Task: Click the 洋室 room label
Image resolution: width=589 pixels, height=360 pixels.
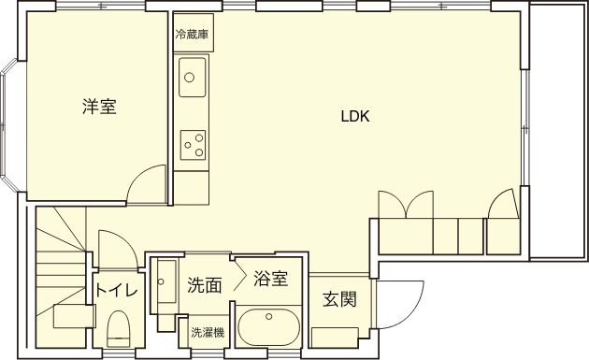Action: pos(99,107)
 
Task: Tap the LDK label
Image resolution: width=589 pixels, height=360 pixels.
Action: pos(355,117)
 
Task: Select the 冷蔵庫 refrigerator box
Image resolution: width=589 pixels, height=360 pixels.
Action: pos(194,33)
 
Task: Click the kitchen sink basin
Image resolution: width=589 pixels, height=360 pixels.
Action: pos(193,77)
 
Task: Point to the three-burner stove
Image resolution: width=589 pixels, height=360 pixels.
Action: pos(193,145)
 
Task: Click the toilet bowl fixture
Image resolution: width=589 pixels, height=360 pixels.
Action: pos(119,329)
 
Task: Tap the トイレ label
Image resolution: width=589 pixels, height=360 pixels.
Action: pos(116,291)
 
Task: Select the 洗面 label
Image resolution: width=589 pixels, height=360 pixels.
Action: pos(205,285)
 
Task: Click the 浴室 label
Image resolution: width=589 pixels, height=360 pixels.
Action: pos(270,279)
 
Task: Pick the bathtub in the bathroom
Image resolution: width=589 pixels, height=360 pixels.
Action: pos(269,327)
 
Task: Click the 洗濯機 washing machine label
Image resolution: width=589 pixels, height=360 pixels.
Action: pos(208,333)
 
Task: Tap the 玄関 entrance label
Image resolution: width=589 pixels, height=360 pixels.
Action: pos(339,299)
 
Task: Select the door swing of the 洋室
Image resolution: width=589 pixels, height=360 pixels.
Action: pos(139,176)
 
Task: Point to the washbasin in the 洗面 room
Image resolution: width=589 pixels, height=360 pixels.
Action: pos(166,281)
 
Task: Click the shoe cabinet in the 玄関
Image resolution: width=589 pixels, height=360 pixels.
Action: pos(335,338)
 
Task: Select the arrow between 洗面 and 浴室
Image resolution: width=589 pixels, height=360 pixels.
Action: pos(239,277)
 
